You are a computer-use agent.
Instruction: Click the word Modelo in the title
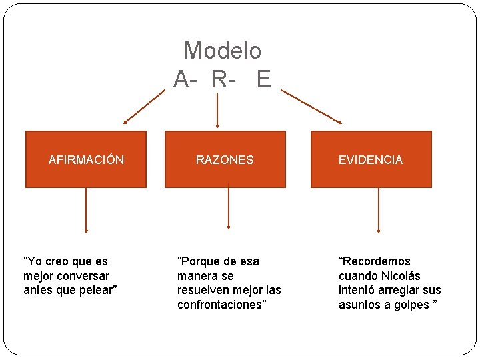pos(223,50)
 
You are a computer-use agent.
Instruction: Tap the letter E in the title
pos(263,79)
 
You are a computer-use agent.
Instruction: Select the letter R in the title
pos(218,79)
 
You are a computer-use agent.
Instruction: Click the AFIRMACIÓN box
pos(86,159)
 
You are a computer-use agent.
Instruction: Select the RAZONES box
pos(225,159)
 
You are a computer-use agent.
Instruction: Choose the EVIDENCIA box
pos(371,159)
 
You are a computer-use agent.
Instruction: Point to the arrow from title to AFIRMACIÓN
pos(143,107)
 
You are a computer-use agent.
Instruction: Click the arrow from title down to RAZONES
pos(217,110)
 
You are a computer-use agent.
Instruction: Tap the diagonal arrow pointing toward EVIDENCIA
pos(312,107)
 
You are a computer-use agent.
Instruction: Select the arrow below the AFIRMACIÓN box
pos(86,210)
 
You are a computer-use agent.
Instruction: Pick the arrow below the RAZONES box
pos(229,208)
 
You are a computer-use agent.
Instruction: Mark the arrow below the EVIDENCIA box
pos(379,210)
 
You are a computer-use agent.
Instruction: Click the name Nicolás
pos(401,275)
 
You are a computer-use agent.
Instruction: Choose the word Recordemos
pos(376,261)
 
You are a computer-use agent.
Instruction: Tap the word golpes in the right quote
pos(411,305)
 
